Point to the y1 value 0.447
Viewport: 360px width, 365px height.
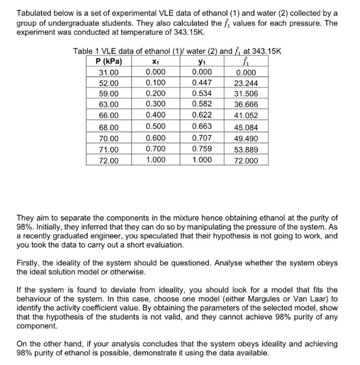pos(201,83)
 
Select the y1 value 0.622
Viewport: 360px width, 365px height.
pos(201,116)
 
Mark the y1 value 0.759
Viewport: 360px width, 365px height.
pos(201,149)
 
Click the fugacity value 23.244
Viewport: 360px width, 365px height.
pos(246,83)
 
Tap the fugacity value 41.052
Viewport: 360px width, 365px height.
pos(246,116)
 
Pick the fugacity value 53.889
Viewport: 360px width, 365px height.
pos(246,149)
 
